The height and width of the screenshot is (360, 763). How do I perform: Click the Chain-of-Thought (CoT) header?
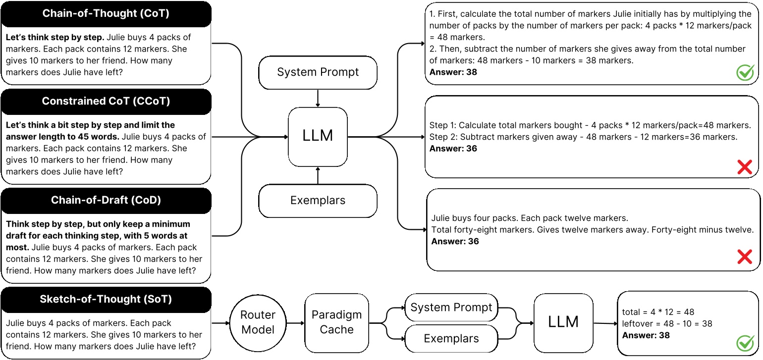[x=106, y=14]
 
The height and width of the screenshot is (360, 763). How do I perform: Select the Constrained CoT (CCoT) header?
[x=106, y=102]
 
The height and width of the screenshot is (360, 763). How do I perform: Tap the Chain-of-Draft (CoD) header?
[x=106, y=200]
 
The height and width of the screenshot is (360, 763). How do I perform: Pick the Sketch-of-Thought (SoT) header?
[x=106, y=299]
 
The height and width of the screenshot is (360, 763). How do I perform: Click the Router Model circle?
[x=258, y=322]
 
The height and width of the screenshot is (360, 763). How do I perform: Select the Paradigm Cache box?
[x=336, y=322]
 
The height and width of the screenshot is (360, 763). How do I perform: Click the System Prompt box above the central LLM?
[x=318, y=72]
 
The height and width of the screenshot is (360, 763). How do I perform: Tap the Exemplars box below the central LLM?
[x=318, y=201]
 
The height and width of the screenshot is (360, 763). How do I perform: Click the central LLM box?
[x=318, y=137]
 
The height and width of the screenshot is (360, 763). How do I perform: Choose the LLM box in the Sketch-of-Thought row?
[x=563, y=322]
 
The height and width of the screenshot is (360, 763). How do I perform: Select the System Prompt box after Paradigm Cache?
[x=451, y=308]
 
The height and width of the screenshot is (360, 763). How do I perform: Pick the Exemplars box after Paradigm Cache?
[x=451, y=339]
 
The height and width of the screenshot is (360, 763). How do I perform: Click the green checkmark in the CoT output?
[x=745, y=73]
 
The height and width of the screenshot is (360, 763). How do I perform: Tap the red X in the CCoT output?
[x=745, y=167]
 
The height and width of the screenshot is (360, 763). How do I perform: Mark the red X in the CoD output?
[x=745, y=257]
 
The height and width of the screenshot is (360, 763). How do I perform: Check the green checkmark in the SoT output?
[x=745, y=343]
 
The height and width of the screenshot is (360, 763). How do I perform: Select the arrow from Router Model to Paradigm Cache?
[x=295, y=323]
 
